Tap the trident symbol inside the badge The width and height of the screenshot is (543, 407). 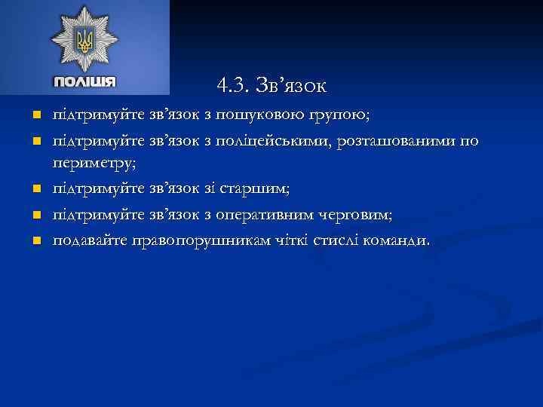point(84,40)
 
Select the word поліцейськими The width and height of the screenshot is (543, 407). point(274,141)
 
